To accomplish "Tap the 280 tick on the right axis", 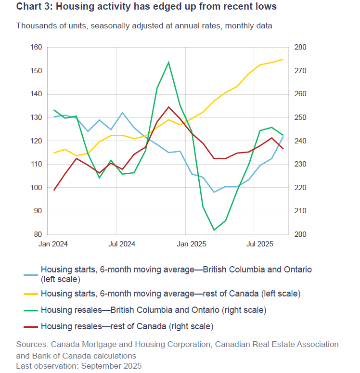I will pos(295,47).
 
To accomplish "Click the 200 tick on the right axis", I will pos(295,234).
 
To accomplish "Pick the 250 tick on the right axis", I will pos(295,117).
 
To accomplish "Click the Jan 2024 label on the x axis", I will pos(53,244).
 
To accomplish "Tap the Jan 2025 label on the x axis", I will pos(192,244).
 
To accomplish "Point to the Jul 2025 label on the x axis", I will pos(260,244).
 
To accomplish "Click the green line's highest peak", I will pos(168,62).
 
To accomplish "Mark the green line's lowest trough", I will pos(214,230).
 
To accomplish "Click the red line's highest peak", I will pos(168,107).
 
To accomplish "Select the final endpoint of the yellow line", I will pos(283,59).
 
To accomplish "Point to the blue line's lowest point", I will pos(214,192).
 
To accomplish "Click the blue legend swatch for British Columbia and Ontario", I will pos(31,274).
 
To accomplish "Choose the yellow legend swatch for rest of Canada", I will pos(31,293).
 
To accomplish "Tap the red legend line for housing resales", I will pos(31,327).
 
